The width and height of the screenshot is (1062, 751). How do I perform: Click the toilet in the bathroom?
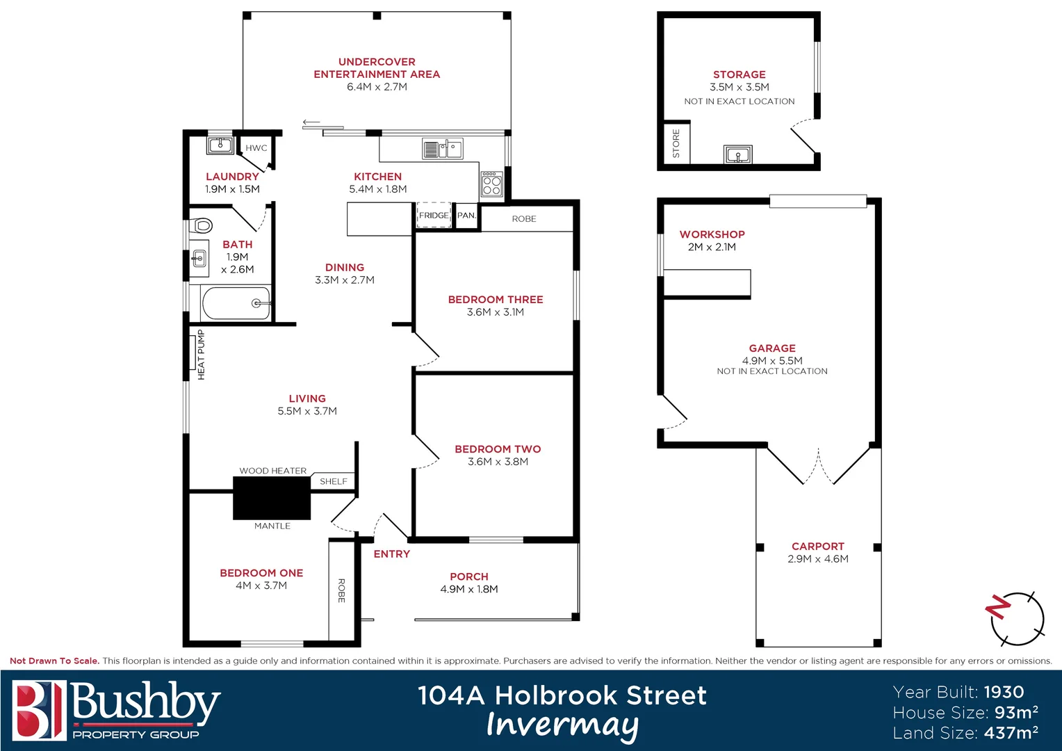click(x=202, y=225)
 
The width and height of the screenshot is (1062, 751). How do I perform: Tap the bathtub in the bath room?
click(x=236, y=303)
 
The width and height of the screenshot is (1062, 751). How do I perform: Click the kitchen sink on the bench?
click(x=443, y=149)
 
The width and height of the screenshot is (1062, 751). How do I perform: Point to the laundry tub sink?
click(x=220, y=146)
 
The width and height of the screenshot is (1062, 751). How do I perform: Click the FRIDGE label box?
click(x=434, y=216)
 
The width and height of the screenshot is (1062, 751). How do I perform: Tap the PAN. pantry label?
click(x=466, y=216)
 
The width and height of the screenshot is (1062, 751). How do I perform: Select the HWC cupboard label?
click(x=256, y=148)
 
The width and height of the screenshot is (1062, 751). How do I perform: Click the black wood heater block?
click(x=271, y=498)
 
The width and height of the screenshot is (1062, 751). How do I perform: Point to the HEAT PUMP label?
click(x=201, y=355)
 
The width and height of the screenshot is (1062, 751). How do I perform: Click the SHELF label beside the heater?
click(x=334, y=481)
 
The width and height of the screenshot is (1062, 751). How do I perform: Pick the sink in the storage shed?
click(x=737, y=154)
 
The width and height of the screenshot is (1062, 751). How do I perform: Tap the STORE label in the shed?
click(x=676, y=144)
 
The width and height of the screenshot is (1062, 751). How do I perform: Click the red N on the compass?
click(x=998, y=606)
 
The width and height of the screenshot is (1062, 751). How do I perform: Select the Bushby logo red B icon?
click(x=39, y=710)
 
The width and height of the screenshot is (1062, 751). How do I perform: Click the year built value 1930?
click(x=1004, y=692)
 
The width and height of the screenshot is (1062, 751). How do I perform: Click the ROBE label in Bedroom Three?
click(x=524, y=219)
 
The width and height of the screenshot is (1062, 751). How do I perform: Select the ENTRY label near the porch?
click(x=391, y=554)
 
